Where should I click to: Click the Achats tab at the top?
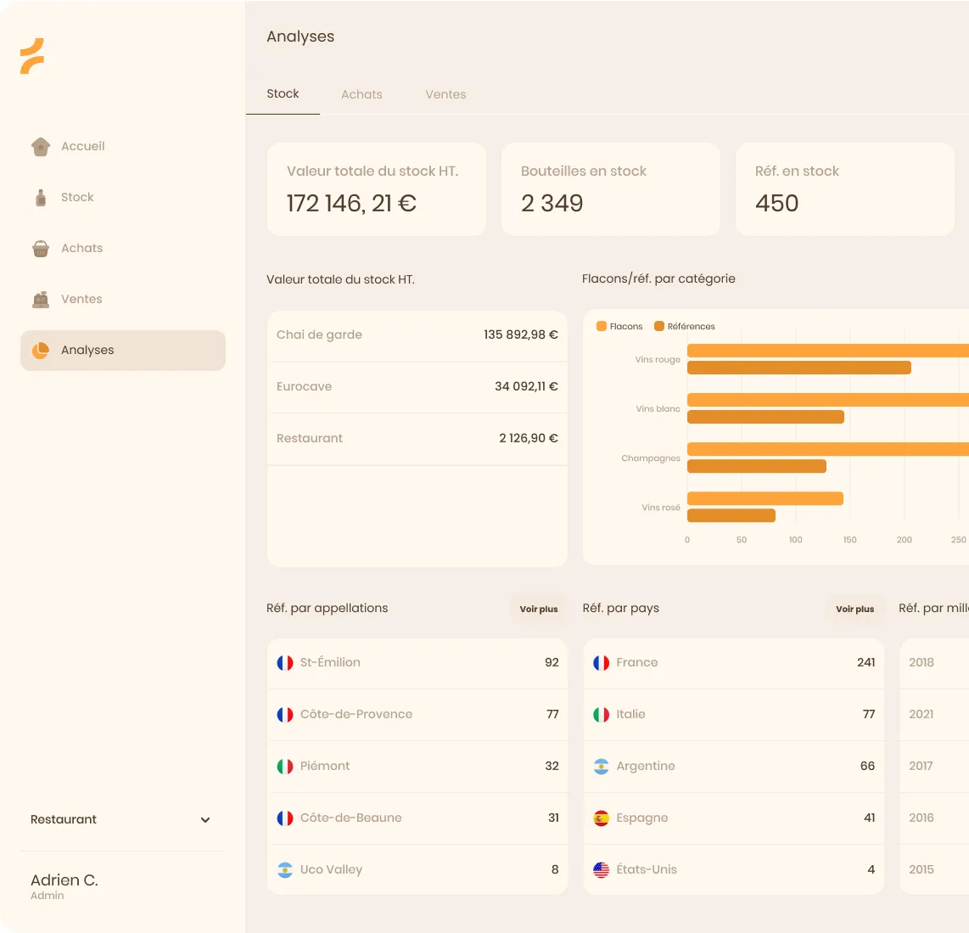tap(361, 94)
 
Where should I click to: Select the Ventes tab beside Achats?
tap(445, 94)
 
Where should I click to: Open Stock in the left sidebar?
tap(77, 197)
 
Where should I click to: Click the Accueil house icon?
tap(41, 147)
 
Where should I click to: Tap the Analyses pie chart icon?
tap(41, 350)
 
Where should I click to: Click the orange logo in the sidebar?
tap(32, 56)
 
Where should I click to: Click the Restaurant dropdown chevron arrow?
tap(205, 820)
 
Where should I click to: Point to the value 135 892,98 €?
tap(520, 334)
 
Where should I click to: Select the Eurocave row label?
tap(304, 386)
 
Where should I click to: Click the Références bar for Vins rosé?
tap(731, 515)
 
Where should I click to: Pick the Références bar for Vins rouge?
tap(799, 368)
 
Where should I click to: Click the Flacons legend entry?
tap(619, 327)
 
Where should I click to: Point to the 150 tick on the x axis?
tap(849, 540)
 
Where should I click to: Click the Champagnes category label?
tap(651, 458)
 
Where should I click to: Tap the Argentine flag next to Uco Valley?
tap(285, 870)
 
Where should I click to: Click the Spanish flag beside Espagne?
tap(602, 818)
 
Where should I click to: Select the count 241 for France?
tap(865, 662)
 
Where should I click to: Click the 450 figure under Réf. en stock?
tap(776, 204)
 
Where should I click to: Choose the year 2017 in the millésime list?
tap(921, 766)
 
